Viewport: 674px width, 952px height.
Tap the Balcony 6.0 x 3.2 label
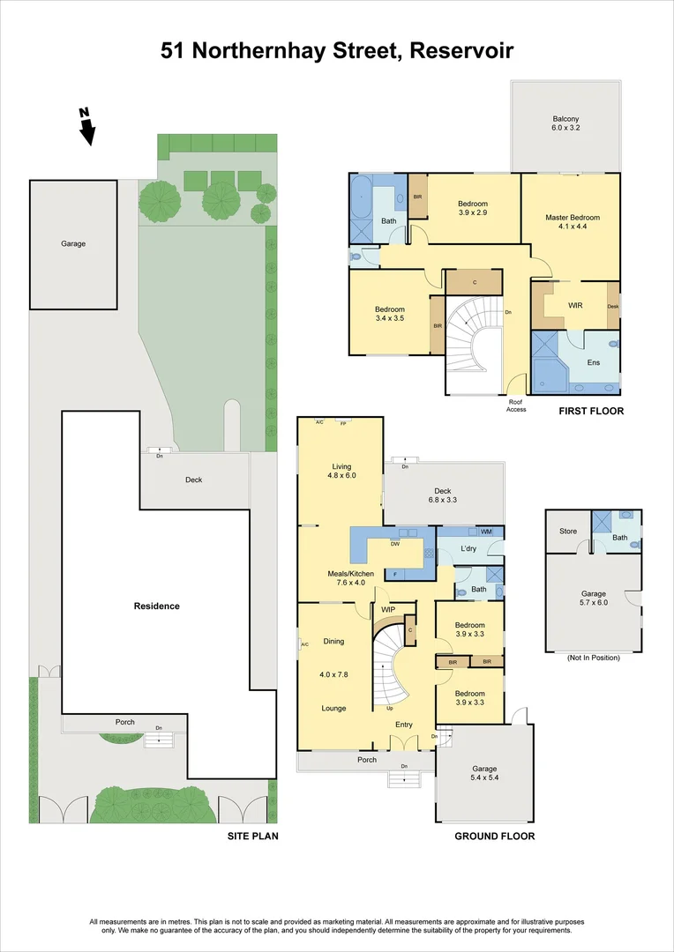point(565,123)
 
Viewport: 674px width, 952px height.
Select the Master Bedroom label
point(573,218)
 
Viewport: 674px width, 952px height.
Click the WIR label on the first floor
point(575,305)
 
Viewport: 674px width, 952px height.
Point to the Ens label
point(594,362)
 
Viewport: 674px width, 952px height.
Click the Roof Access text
point(517,405)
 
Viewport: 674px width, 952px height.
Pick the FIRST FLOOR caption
point(591,411)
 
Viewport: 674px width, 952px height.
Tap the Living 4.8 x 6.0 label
point(340,471)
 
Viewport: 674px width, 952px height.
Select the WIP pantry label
point(388,609)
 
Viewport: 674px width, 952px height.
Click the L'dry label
point(468,549)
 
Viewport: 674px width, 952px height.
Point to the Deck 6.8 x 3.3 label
point(442,495)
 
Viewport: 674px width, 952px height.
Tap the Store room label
point(567,532)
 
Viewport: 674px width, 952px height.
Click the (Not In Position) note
point(593,658)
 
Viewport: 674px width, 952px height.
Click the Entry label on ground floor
point(404,725)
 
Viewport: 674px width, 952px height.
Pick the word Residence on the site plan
point(157,606)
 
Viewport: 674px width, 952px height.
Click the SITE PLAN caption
point(253,836)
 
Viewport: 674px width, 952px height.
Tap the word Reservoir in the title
point(462,51)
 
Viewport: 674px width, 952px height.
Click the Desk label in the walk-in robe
point(612,307)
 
